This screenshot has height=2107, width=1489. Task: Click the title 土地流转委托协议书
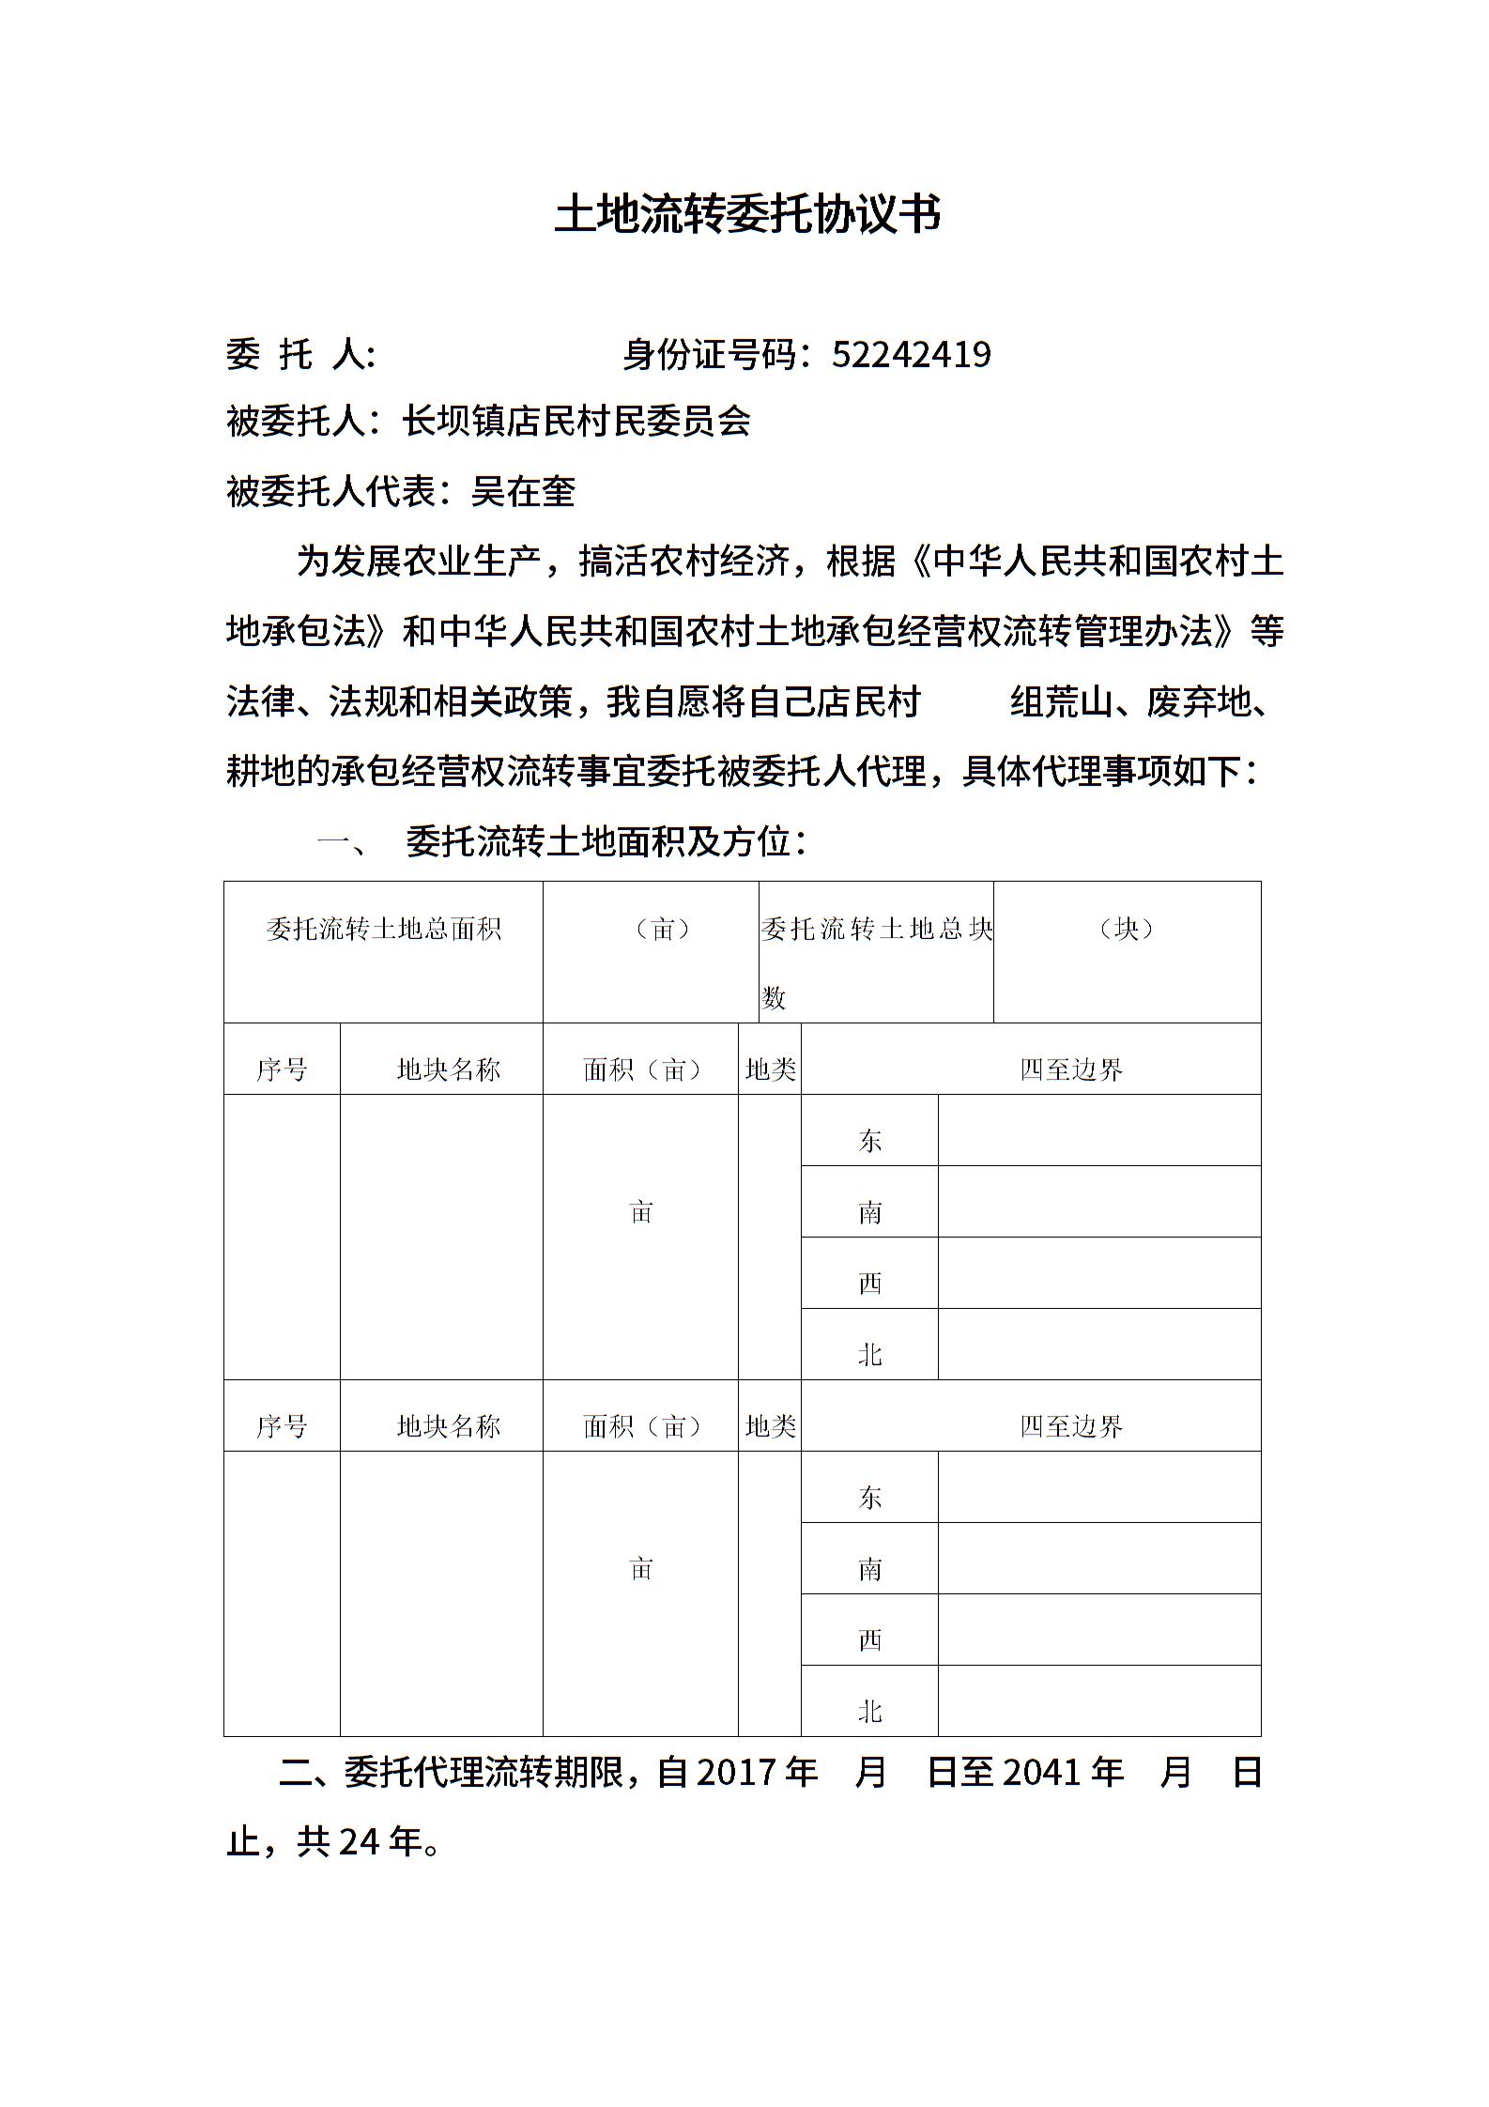[747, 215]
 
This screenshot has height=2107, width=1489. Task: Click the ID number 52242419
[911, 355]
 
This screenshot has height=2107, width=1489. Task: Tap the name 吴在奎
[523, 491]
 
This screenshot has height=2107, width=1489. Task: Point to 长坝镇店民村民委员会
[576, 422]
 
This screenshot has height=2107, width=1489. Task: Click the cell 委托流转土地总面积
[383, 930]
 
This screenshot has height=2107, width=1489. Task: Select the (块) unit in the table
[1126, 930]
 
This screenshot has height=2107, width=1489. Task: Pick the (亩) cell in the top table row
[663, 930]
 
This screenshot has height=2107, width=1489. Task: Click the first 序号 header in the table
[282, 1069]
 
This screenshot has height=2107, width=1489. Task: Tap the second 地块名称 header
[448, 1427]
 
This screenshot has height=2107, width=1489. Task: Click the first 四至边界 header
[1071, 1069]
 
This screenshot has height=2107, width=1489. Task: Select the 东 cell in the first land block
[869, 1141]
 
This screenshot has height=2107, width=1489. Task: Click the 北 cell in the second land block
[869, 1713]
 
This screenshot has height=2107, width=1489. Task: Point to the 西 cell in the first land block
[869, 1284]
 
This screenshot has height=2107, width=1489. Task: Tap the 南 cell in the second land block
[869, 1569]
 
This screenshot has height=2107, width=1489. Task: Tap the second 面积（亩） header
[642, 1427]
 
